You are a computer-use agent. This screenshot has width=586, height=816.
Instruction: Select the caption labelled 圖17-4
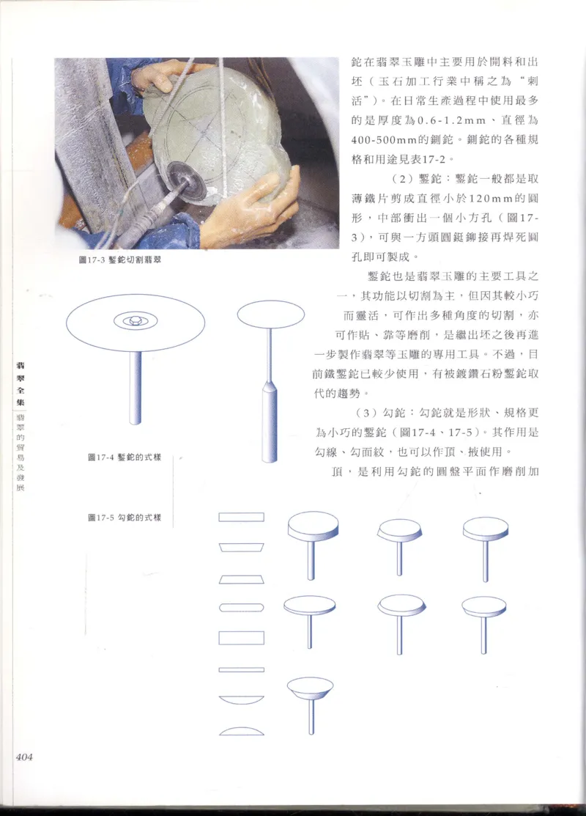pyautogui.click(x=124, y=458)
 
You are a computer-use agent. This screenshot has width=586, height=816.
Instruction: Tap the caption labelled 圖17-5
pyautogui.click(x=124, y=518)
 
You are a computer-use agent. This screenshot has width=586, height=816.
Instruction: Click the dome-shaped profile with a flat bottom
pyautogui.click(x=241, y=731)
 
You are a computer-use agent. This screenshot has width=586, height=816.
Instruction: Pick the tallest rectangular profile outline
pyautogui.click(x=241, y=638)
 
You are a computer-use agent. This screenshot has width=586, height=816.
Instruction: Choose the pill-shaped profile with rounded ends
pyautogui.click(x=241, y=607)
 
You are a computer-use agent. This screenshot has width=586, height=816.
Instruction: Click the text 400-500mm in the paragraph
pyautogui.click(x=381, y=137)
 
